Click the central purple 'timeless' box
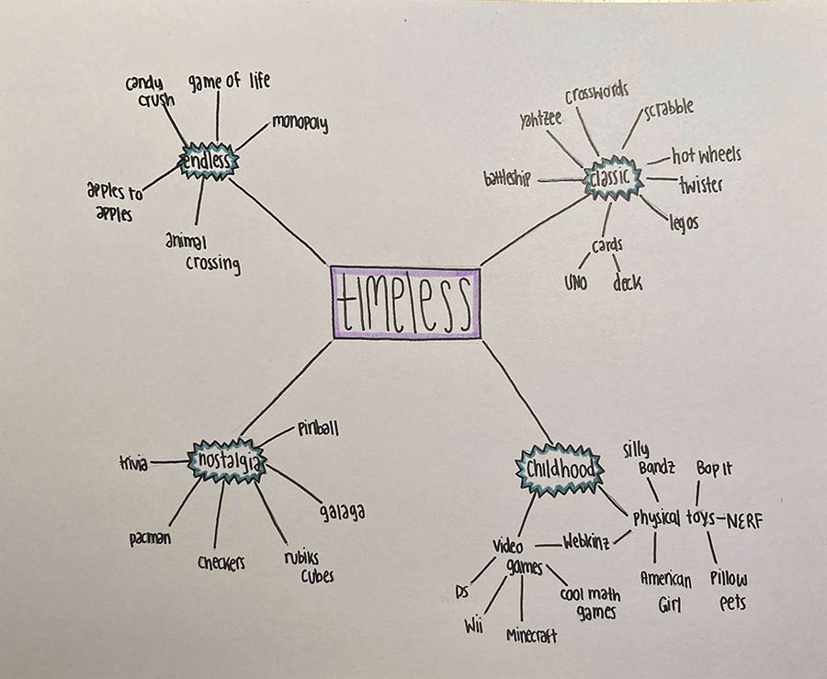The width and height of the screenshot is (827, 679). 405,302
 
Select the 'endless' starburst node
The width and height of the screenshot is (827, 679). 210,164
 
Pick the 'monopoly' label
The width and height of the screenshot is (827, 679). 299,123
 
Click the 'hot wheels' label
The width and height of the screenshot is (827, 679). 705,154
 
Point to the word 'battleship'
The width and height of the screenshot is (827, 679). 508,177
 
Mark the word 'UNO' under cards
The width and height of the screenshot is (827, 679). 576,282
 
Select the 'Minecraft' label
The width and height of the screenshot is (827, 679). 530,635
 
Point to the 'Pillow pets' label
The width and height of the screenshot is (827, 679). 728,590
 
